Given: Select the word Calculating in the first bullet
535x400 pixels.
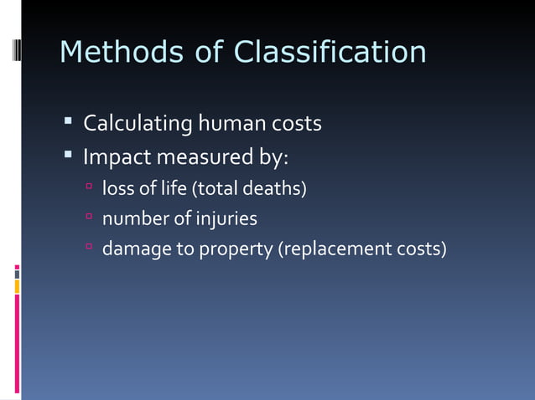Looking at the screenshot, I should [x=138, y=124].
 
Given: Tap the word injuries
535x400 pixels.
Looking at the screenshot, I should [x=226, y=219].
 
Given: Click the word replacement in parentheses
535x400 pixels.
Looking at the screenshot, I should [x=343, y=249].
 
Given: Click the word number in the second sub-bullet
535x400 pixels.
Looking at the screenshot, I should [x=135, y=219].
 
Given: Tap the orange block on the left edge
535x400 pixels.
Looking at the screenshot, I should [x=17, y=286].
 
